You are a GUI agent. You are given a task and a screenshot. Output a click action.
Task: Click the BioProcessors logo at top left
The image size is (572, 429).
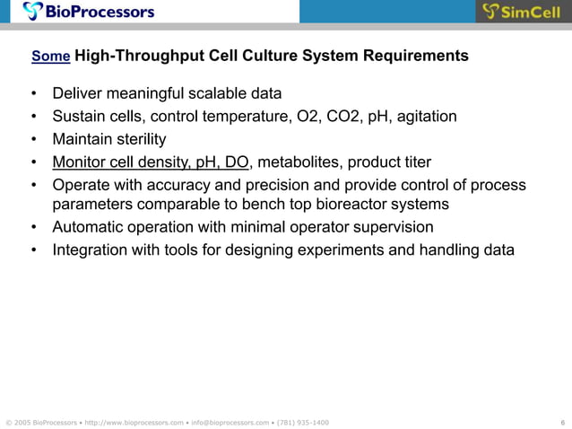click(89, 12)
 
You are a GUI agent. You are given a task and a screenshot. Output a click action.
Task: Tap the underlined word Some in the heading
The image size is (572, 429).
click(50, 57)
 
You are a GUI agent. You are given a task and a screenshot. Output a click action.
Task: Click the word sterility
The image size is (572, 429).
click(138, 139)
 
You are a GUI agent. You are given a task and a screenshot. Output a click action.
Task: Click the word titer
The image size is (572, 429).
click(415, 162)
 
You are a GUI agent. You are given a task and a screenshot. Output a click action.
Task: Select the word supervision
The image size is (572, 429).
click(393, 227)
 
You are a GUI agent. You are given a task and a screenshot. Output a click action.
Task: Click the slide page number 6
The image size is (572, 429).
click(561, 422)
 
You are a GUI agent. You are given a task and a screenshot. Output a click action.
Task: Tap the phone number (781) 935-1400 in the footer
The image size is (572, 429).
click(303, 422)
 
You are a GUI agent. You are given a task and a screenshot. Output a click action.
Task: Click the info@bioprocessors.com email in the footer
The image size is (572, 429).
click(231, 422)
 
